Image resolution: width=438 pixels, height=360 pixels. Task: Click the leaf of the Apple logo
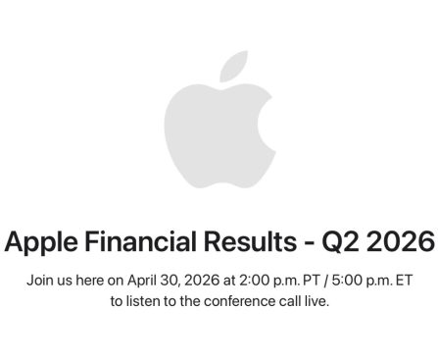(233, 67)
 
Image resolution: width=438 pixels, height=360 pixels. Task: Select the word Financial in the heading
(140, 240)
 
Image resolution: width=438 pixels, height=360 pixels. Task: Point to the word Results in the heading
(250, 240)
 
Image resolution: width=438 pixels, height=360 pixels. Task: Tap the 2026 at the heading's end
(400, 240)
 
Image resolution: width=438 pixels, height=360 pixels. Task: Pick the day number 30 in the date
(171, 280)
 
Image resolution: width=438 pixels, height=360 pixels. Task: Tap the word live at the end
(316, 300)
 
